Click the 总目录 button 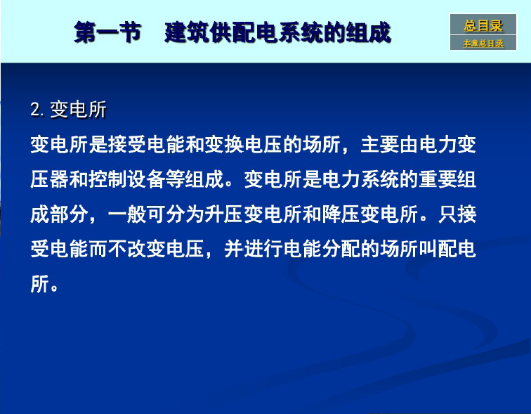tap(483, 25)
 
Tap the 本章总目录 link tap(483, 43)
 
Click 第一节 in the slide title tap(107, 32)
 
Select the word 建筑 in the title tap(187, 32)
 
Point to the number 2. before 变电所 tap(37, 110)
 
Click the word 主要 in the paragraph tap(379, 145)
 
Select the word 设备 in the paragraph tap(146, 179)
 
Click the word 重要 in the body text tap(438, 179)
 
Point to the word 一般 tap(127, 214)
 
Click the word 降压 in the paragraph tap(341, 214)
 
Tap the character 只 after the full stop tap(447, 214)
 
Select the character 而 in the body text tap(98, 249)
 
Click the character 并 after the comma tap(234, 249)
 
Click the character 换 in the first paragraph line tap(234, 145)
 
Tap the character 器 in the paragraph tap(59, 179)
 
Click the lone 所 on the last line tap(40, 283)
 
